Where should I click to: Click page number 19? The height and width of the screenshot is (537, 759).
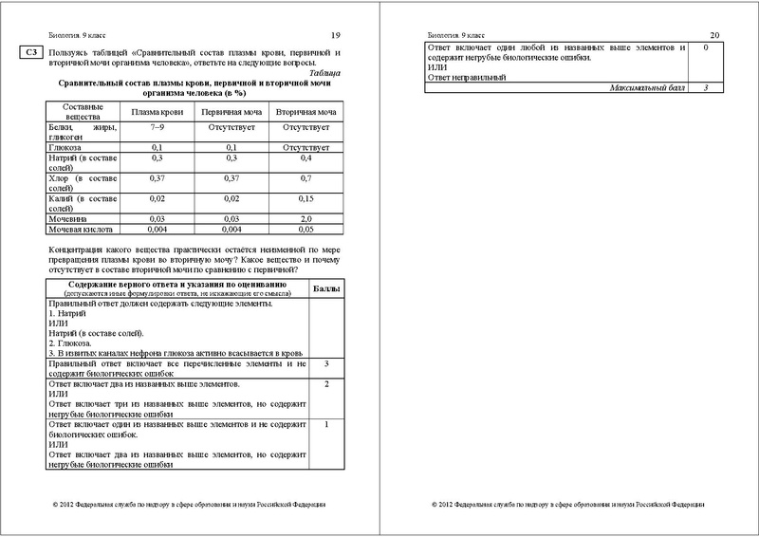pos(335,34)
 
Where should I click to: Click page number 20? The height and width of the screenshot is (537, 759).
pos(713,34)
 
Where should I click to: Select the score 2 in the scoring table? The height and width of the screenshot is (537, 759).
pos(326,384)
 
